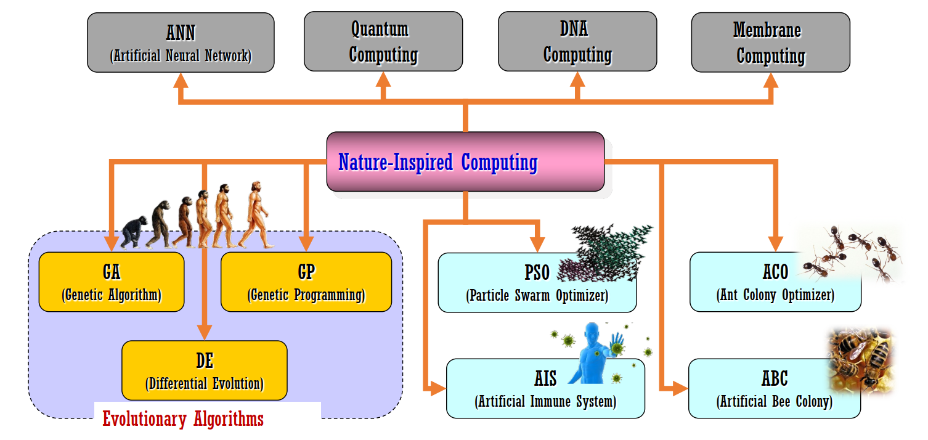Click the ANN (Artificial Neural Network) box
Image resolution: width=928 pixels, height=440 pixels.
coord(181,43)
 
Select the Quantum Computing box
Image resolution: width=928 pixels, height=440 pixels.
coord(383,41)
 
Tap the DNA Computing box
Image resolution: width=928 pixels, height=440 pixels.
coord(577,41)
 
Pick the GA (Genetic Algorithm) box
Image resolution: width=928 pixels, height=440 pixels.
coord(112,282)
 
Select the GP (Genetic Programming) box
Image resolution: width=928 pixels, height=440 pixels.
coord(306,282)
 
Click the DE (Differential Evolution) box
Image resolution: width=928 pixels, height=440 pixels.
coord(204,370)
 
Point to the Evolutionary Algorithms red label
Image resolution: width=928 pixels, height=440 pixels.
coord(183,419)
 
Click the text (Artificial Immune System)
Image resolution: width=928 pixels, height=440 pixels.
coord(545,402)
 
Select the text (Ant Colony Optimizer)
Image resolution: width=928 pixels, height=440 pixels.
coord(775,295)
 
